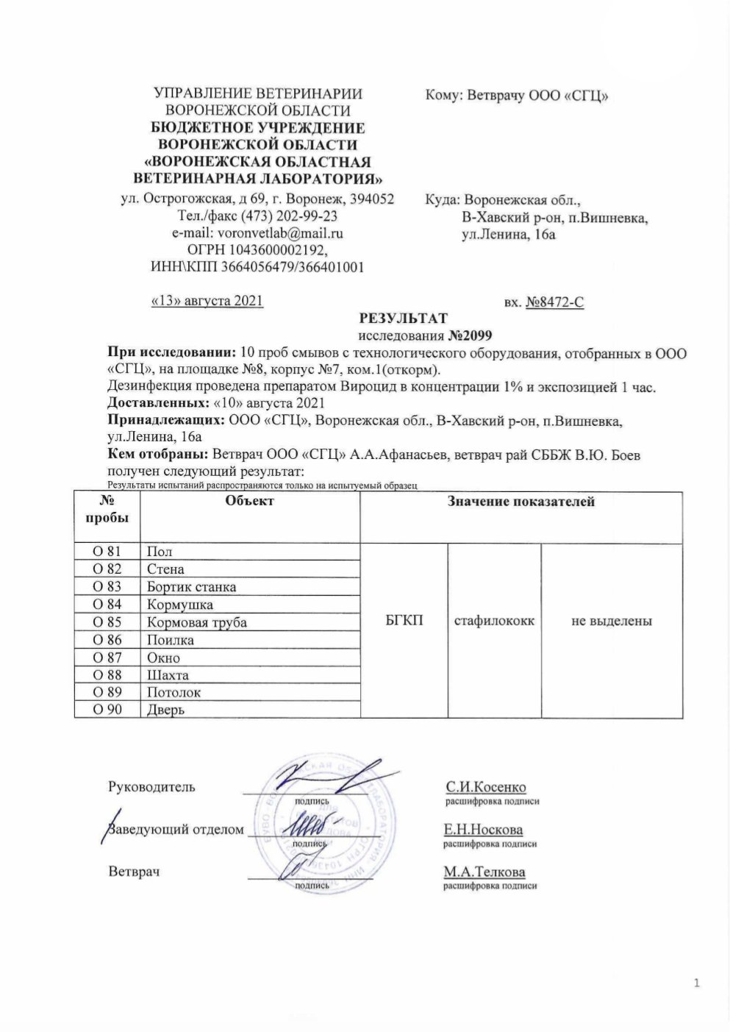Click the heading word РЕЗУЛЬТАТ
402,319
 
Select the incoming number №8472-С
555,302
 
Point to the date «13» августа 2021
206,301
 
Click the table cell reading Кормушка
180,605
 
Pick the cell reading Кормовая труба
197,622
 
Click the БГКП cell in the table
404,622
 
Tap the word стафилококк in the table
494,622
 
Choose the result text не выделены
612,622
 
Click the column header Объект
250,501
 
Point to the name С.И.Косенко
485,787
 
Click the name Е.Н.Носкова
483,830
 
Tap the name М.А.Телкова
484,872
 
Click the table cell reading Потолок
174,692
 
